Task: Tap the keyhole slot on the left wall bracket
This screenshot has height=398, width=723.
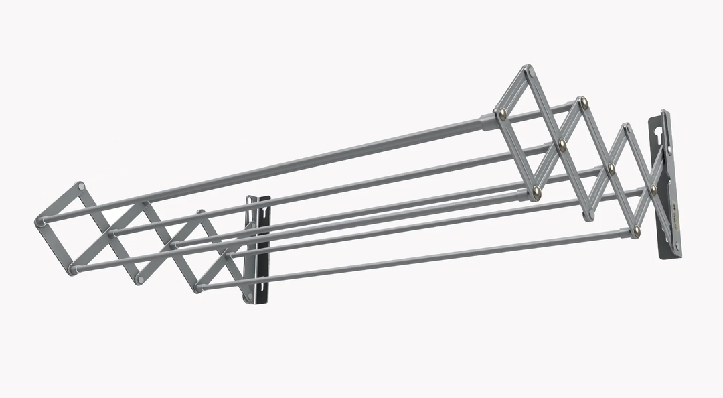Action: click(266, 212)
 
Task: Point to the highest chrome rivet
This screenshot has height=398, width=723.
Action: click(584, 103)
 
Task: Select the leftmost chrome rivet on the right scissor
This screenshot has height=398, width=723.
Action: click(502, 115)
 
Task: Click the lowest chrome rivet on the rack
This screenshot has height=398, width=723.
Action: click(636, 231)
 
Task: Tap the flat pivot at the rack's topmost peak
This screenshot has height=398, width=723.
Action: click(528, 69)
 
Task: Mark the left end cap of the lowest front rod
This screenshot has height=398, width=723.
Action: click(199, 287)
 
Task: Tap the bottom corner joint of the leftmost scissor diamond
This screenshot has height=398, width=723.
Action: click(72, 270)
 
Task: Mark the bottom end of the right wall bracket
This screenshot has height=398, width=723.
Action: click(674, 253)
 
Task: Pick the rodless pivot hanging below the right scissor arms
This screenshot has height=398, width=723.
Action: click(588, 216)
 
